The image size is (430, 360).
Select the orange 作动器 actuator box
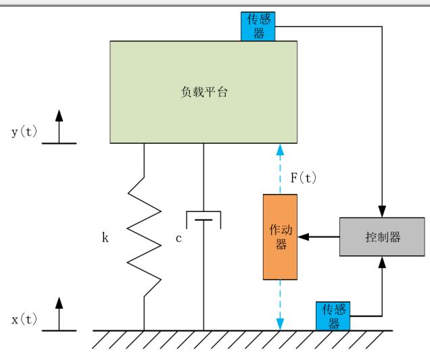280,236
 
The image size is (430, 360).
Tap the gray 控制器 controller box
382,237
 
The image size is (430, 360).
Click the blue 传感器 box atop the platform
258,26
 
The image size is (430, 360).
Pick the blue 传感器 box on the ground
333,316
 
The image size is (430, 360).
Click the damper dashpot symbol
204,220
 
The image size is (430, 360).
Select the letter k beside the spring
105,238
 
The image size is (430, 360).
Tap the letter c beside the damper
178,238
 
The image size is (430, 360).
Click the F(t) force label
303,178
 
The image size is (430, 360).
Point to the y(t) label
24,132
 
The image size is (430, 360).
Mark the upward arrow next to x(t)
59,303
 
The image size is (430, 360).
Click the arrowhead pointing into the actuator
303,237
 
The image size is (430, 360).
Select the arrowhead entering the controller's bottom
383,262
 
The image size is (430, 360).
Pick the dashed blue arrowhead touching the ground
280,324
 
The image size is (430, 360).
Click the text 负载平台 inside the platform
204,93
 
